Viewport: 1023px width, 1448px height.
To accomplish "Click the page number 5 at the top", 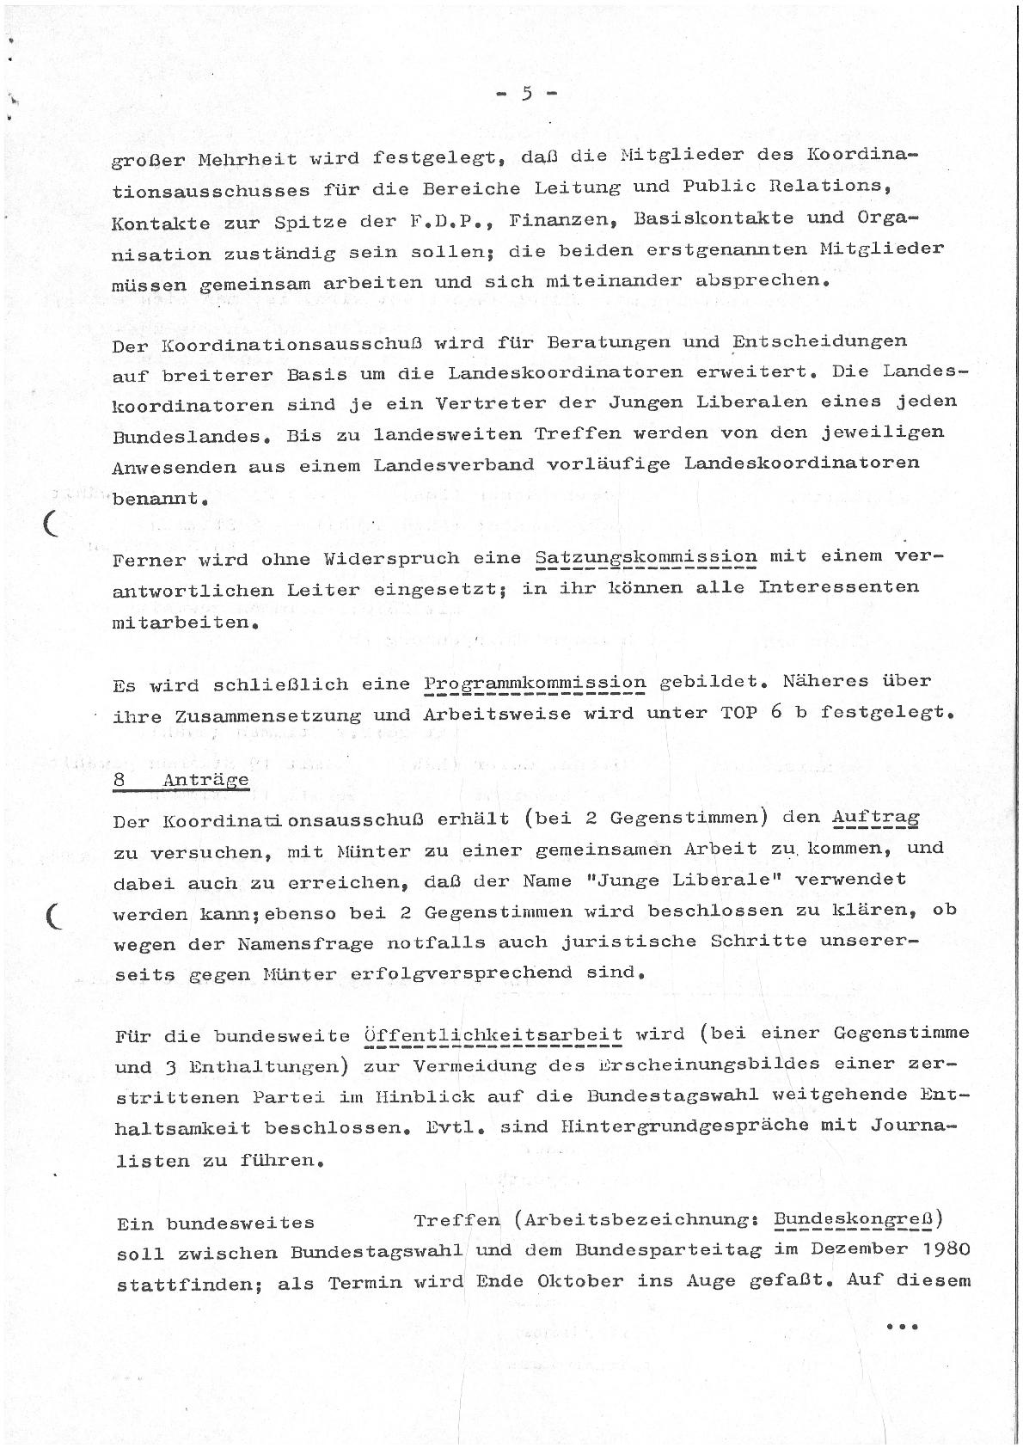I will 527,94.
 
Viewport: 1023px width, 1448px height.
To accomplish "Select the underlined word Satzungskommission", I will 646,557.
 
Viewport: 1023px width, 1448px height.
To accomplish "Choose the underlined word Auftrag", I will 876,818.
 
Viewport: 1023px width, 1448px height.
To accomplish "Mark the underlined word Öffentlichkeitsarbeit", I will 493,1034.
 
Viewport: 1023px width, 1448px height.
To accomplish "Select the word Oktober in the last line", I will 580,1281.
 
